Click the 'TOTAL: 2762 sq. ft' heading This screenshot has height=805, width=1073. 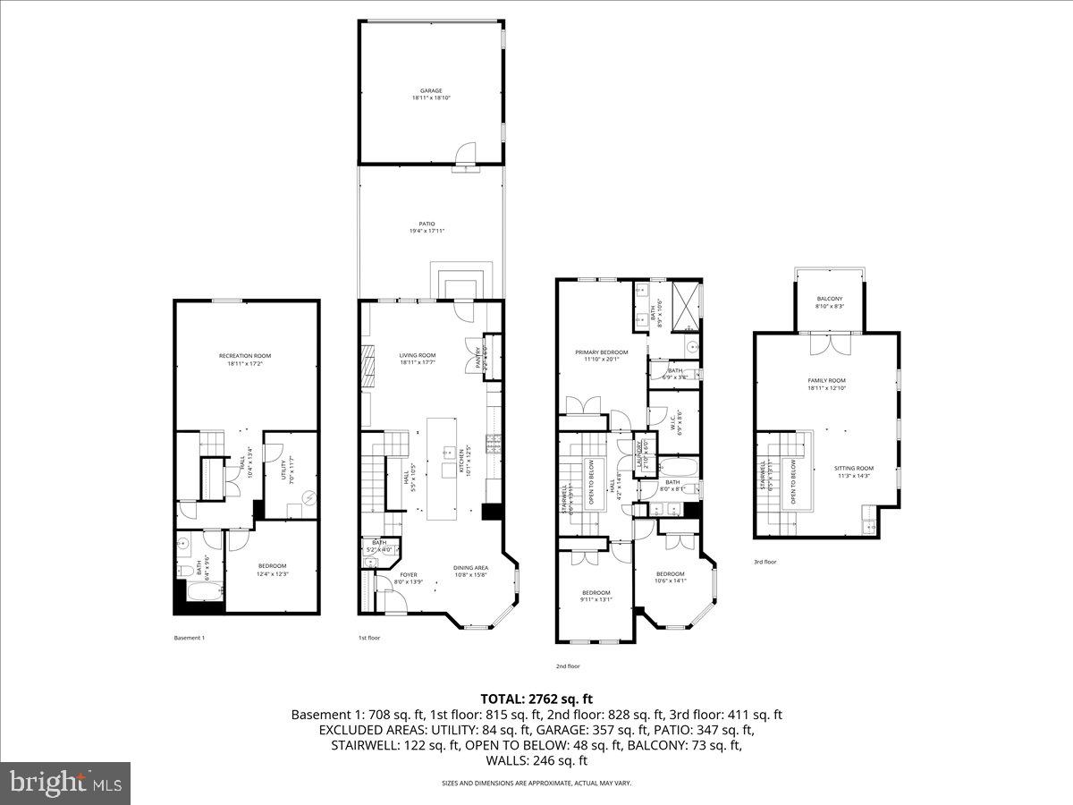pos(536,699)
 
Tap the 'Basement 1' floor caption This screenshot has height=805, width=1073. pos(190,638)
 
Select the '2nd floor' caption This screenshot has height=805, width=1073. pos(568,666)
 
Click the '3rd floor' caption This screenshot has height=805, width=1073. pos(765,563)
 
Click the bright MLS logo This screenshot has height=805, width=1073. pos(65,784)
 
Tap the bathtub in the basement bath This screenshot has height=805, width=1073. pos(198,592)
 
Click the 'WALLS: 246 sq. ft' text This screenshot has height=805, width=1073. pos(536,760)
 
